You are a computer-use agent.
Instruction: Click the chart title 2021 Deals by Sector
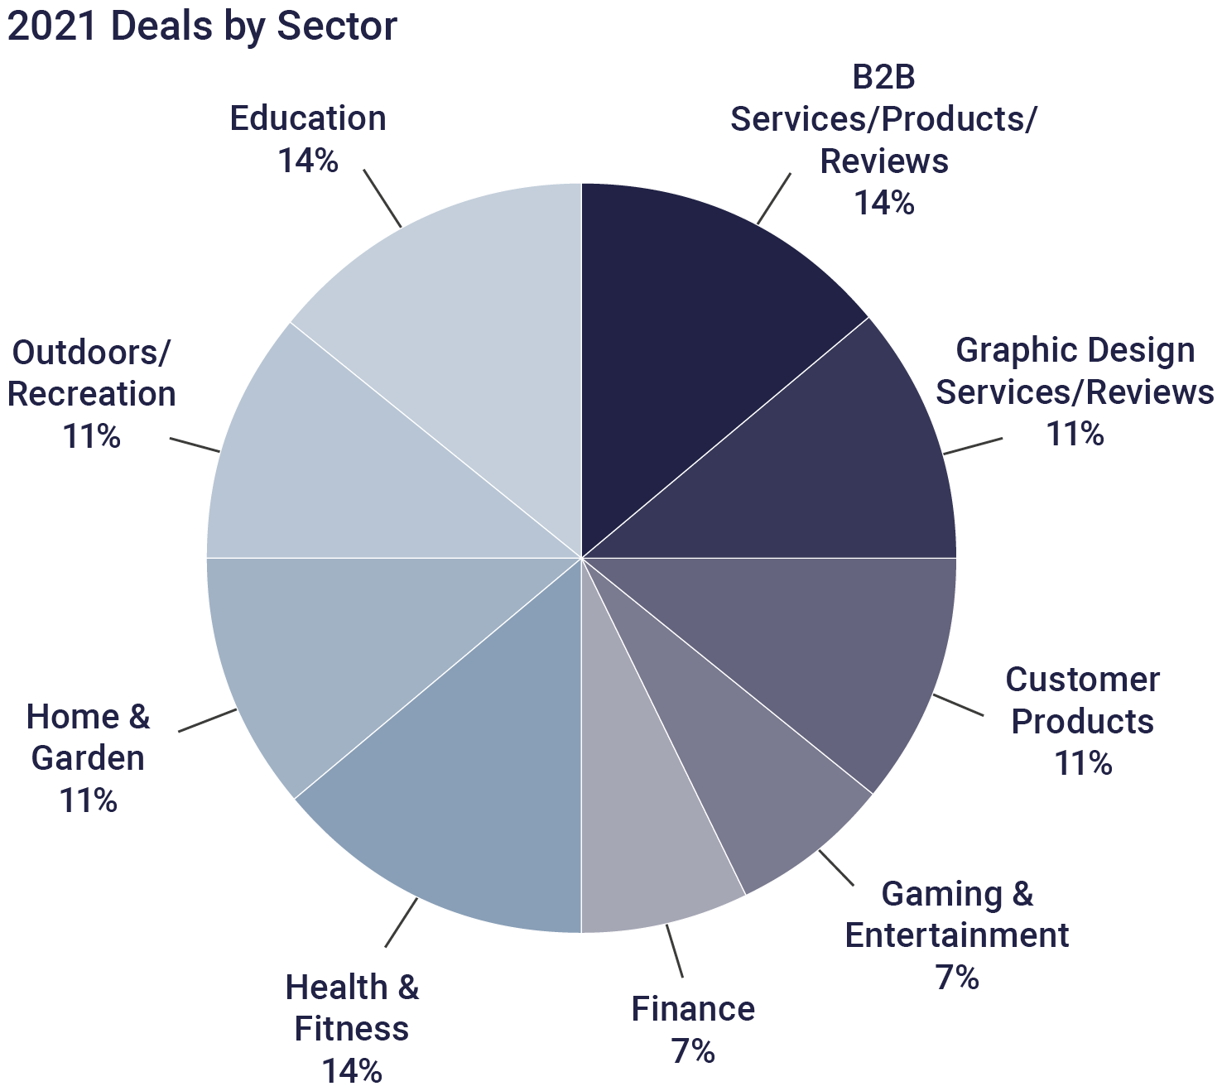click(x=202, y=26)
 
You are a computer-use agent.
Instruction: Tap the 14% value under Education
click(x=308, y=161)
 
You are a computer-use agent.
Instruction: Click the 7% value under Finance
click(x=693, y=1051)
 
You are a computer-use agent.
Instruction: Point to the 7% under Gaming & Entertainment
click(x=957, y=978)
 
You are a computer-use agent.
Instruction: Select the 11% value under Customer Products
click(x=1083, y=763)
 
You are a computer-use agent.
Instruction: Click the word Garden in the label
click(x=88, y=758)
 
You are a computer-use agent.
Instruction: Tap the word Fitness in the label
click(x=352, y=1029)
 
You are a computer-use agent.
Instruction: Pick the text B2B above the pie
click(x=883, y=77)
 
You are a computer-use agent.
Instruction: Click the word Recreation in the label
click(x=92, y=394)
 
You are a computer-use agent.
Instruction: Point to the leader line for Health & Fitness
click(x=402, y=921)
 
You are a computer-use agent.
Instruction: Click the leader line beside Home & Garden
click(x=207, y=720)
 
